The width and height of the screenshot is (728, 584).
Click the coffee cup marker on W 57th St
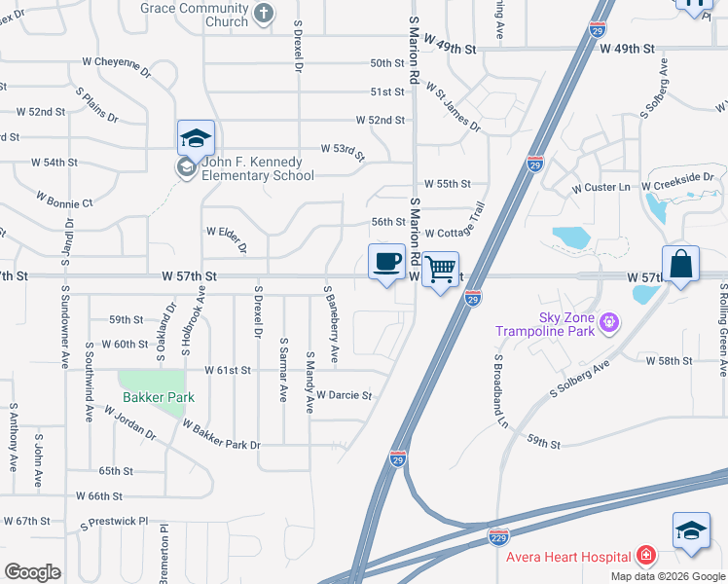[x=387, y=262]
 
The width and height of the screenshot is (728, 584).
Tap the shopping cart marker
[x=441, y=270]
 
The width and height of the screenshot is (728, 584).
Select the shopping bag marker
[x=680, y=264]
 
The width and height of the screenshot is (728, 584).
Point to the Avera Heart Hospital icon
[x=645, y=556]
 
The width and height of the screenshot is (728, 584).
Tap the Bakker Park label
[x=159, y=397]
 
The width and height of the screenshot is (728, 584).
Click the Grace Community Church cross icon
[x=264, y=13]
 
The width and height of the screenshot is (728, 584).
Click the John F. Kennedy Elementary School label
[x=257, y=169]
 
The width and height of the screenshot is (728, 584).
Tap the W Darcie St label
[x=345, y=396]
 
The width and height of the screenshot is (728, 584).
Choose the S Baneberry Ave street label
[x=331, y=325]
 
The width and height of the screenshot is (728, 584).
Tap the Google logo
[x=33, y=571]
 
